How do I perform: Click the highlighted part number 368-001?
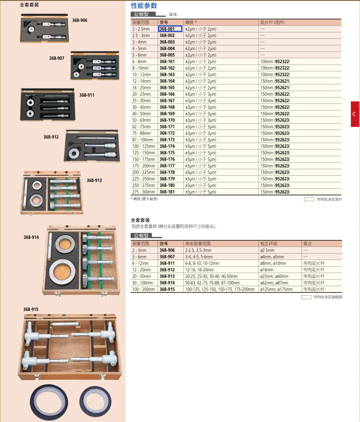pos(167,29)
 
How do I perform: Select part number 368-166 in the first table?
pos(167,94)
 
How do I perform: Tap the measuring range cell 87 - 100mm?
pos(142,139)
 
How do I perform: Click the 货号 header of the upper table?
pos(164,22)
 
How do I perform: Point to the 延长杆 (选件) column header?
pos(272,22)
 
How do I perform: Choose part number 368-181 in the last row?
pos(167,192)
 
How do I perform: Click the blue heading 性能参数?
pos(144,6)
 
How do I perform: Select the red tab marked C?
pos(355,114)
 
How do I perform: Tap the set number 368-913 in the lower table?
pos(167,276)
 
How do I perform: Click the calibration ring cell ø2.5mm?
pos(267,250)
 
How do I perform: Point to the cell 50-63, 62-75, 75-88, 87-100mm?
pos(212,283)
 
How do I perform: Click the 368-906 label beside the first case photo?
pos(79,20)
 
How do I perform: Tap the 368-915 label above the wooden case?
pos(31,309)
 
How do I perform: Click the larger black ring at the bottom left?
pos(49,402)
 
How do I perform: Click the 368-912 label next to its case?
pos(51,137)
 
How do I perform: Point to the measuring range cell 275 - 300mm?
pos(144,192)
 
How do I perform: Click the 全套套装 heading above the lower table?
pos(140,220)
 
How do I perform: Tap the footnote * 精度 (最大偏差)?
pos(145,199)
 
